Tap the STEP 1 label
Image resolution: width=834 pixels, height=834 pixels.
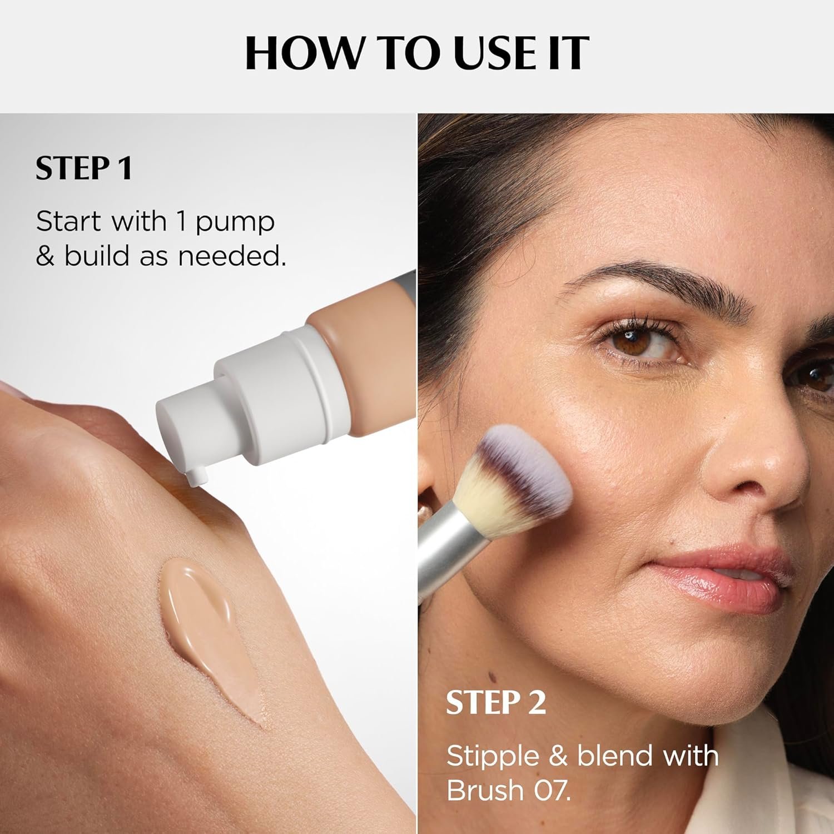pos(84,169)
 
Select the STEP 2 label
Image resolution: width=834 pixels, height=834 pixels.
pos(496,703)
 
